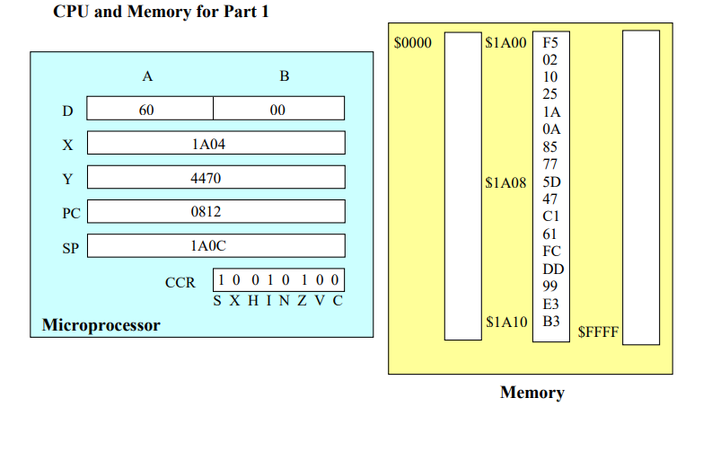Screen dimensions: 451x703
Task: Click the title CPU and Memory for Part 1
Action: [161, 12]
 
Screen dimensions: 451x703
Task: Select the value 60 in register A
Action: [147, 110]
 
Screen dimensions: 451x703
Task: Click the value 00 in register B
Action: [277, 110]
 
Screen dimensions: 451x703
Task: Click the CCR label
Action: [180, 282]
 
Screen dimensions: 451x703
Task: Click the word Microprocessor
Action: [101, 324]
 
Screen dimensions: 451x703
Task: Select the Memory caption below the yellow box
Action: [532, 393]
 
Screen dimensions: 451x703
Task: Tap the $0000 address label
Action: [413, 42]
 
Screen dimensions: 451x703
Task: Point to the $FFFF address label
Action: [597, 332]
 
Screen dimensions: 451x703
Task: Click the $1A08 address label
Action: [505, 181]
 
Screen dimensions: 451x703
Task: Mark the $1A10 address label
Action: [505, 322]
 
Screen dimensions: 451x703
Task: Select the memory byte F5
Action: [550, 42]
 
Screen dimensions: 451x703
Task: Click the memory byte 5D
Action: [550, 181]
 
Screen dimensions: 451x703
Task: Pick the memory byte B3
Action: [550, 322]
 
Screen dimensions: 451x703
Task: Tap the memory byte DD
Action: [550, 269]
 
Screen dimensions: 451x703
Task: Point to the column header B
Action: [284, 76]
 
